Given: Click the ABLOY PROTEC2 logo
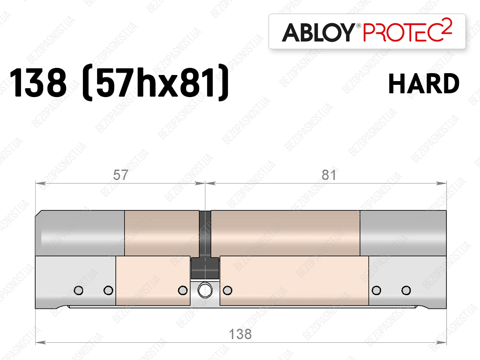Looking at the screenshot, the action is click(x=367, y=31).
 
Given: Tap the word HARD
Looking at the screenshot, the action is click(x=424, y=83).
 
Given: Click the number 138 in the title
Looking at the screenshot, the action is click(x=38, y=82).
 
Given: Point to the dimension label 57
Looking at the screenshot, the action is click(x=120, y=175).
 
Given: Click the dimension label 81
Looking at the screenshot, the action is click(x=329, y=175).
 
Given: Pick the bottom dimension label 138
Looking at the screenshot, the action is click(x=240, y=334).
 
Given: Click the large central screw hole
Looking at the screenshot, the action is click(x=205, y=290).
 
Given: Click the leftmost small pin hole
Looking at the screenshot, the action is click(x=79, y=290).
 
